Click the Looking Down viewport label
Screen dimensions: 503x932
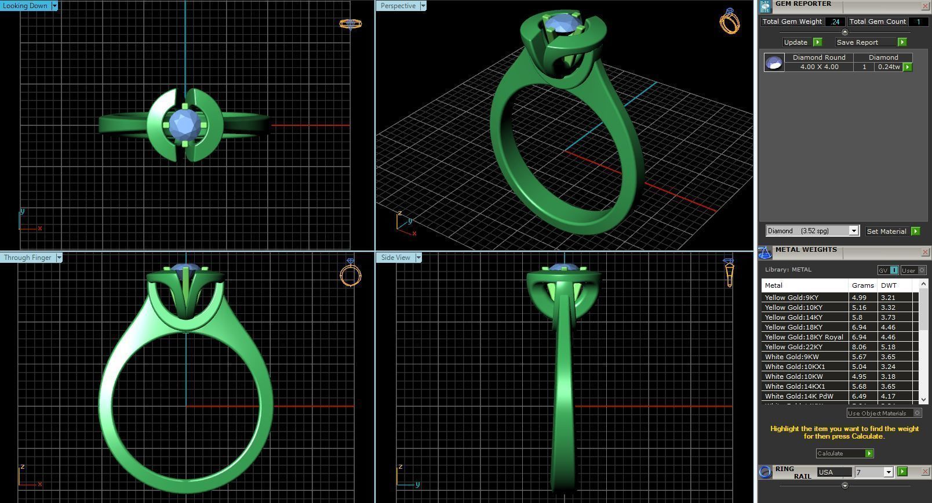(x=25, y=6)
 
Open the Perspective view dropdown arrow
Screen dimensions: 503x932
(x=423, y=6)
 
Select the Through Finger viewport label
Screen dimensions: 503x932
(x=27, y=258)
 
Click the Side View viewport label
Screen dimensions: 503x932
(x=395, y=258)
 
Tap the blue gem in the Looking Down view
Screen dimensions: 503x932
(x=184, y=124)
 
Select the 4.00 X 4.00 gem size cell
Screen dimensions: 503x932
(x=819, y=67)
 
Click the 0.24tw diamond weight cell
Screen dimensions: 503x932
(x=888, y=67)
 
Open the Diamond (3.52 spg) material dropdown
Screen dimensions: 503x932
(x=853, y=231)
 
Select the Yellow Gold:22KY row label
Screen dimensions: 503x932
(x=793, y=347)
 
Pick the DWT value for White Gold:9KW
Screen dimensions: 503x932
(x=888, y=357)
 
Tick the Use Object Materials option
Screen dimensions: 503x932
(x=917, y=413)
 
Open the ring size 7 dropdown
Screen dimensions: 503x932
(x=888, y=472)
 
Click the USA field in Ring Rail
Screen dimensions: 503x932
(x=834, y=472)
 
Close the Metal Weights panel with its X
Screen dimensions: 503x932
(x=925, y=252)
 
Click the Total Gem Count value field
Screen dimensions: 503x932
(x=918, y=21)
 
